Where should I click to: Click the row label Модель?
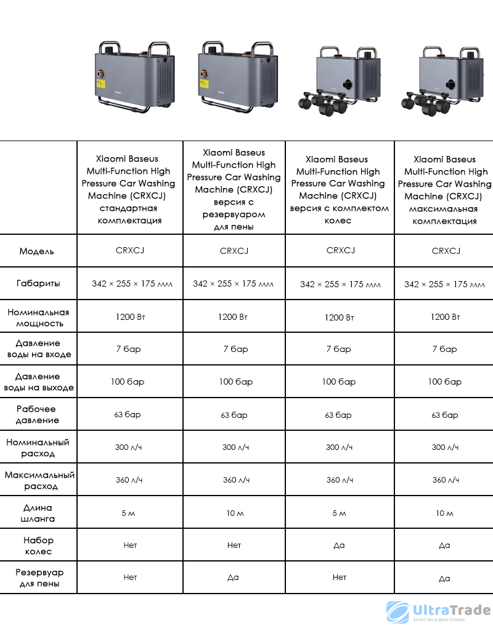pos(37,251)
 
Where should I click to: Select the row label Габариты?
pos(38,284)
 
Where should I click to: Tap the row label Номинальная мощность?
pos(38,317)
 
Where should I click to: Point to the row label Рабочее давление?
pos(38,414)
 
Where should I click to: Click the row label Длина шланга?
pos(38,513)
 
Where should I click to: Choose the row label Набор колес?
pos(38,545)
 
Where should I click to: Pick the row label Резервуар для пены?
pos(38,578)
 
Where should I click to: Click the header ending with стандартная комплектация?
pos(130,189)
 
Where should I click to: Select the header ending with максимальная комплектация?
pos(444,190)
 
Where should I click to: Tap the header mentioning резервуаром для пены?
pos(234,189)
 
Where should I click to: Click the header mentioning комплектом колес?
pos(339,190)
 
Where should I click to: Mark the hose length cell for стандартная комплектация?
pos(129,513)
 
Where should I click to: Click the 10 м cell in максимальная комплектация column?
pos(444,513)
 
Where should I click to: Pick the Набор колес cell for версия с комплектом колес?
pos(339,545)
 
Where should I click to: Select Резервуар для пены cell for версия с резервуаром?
pos(234,578)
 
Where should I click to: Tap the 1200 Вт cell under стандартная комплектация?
pos(130,317)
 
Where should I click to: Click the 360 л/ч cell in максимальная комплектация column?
pos(444,480)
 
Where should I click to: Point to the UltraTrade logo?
pos(438,612)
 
